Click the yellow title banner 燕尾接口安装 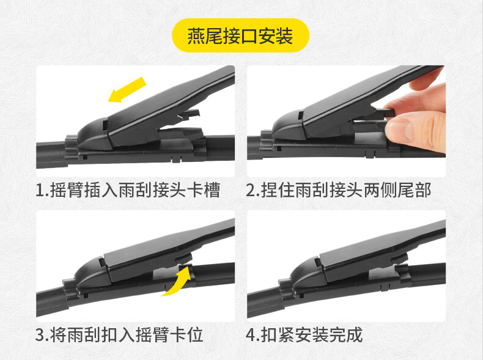(x=240, y=35)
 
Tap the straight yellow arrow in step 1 (x=127, y=90)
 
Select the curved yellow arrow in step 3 (x=177, y=282)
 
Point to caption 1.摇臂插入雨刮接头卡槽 (x=128, y=190)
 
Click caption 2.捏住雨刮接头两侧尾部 (x=339, y=190)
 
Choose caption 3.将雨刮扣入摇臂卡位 (x=119, y=335)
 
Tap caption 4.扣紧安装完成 (x=304, y=335)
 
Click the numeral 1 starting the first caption (x=40, y=190)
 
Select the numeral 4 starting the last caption (x=251, y=335)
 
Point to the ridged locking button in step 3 (x=184, y=258)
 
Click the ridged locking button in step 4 (x=399, y=258)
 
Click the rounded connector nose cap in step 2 (x=288, y=125)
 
